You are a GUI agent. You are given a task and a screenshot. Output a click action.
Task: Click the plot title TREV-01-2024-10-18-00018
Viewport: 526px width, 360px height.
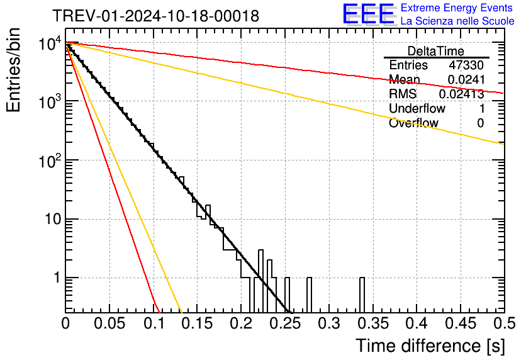pos(156,16)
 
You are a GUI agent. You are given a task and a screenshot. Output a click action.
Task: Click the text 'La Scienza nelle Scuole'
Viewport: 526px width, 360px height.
pos(457,21)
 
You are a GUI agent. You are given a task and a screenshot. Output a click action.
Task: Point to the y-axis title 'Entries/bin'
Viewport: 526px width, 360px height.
pos(14,70)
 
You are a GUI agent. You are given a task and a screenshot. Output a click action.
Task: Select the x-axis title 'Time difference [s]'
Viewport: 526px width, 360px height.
pos(430,346)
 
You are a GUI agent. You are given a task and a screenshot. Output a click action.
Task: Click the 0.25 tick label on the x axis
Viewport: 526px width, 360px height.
pos(286,323)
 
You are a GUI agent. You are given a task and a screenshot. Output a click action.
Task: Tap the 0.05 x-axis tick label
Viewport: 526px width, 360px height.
pos(109,323)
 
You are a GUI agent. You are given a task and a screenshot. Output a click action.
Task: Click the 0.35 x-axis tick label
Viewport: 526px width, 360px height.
pos(373,323)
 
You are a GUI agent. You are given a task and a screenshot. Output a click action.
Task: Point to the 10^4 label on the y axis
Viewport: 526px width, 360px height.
pos(50,43)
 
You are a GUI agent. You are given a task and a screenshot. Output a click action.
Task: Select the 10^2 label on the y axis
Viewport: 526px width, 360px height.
pos(50,160)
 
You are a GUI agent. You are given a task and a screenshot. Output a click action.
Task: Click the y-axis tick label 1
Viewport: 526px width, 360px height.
pos(57,278)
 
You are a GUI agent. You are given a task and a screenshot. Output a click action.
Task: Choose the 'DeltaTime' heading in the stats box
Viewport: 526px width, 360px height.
pos(436,51)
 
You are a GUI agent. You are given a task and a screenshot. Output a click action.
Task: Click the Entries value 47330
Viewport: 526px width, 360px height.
pos(466,65)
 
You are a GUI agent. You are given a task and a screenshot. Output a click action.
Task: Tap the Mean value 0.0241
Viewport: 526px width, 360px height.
pos(466,79)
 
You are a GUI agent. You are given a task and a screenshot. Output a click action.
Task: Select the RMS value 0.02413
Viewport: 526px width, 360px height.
pos(462,94)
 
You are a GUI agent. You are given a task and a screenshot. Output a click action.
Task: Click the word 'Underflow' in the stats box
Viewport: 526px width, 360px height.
pos(417,108)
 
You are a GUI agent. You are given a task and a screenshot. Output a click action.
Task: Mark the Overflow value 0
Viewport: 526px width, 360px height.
pos(480,123)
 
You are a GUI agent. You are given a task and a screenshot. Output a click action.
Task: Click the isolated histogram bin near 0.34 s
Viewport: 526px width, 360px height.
pos(362,295)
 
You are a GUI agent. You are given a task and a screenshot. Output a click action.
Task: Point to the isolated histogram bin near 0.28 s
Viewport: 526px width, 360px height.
pos(310,295)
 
